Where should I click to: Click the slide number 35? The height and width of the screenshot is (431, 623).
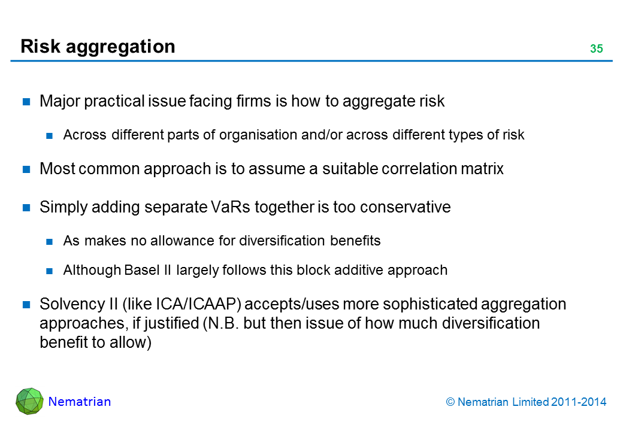coord(597,48)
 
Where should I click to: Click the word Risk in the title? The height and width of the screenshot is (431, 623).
coord(40,46)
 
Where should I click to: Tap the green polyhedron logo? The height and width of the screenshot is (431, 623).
coord(29,401)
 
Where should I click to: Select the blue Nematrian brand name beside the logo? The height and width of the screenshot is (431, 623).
coord(80,402)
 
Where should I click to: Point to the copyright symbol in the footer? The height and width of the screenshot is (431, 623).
coord(450,402)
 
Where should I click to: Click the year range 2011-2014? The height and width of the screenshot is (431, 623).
coord(579,402)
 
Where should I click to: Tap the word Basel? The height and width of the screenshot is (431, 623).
coord(142,270)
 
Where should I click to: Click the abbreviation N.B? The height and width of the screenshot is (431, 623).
coord(223,323)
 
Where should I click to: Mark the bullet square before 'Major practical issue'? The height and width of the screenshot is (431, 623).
coord(26,102)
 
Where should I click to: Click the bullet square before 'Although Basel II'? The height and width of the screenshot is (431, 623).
coord(49,271)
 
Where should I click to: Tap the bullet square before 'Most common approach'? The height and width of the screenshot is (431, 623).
coord(26,169)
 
